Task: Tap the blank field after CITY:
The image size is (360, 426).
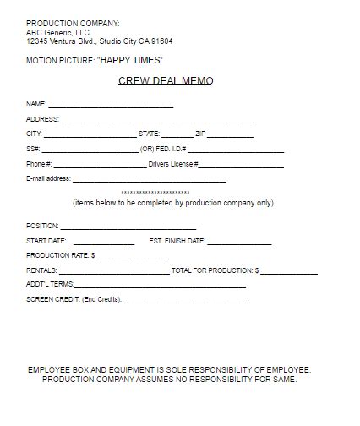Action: (89, 134)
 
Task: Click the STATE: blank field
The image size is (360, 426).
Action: (177, 134)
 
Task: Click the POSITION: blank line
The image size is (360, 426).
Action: (128, 227)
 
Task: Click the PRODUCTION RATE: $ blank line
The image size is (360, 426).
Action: (130, 256)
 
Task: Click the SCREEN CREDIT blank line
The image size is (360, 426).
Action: (184, 300)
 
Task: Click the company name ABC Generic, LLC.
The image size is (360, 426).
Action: (58, 32)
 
